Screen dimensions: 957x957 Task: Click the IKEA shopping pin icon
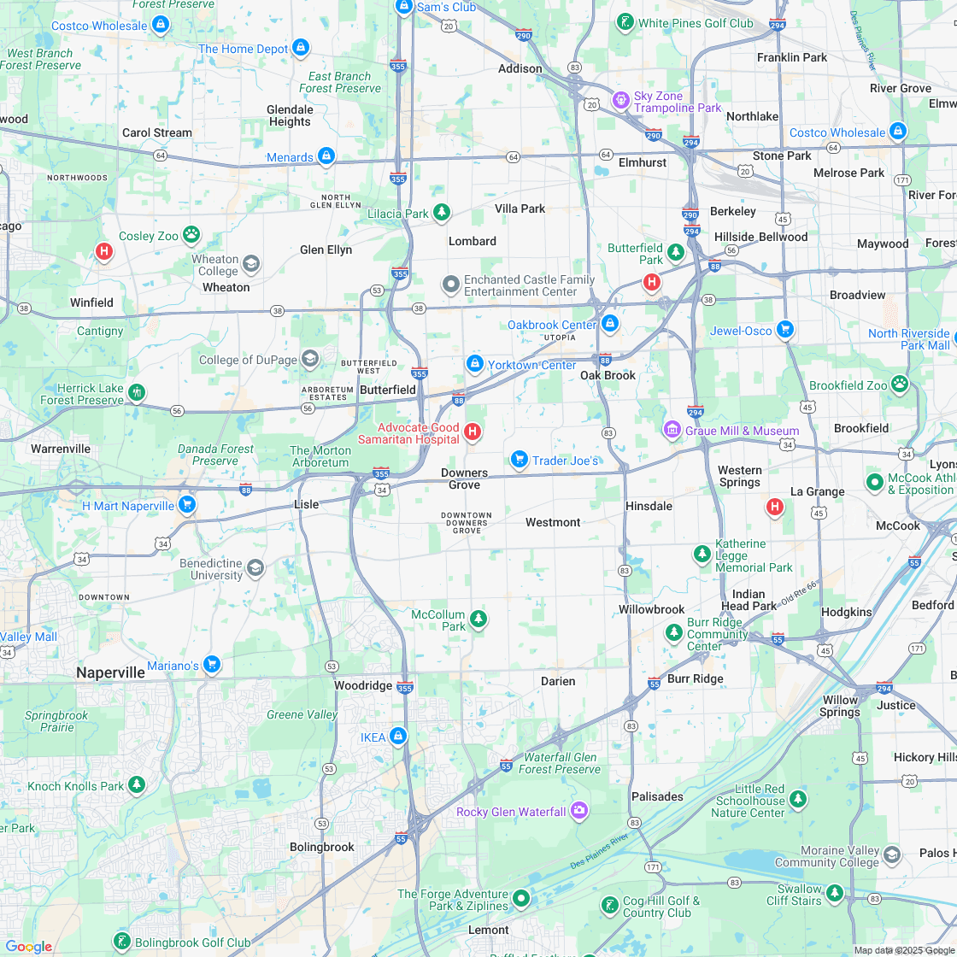pos(397,736)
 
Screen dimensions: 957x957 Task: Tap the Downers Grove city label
pos(465,479)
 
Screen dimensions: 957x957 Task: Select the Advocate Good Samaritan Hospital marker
pos(472,432)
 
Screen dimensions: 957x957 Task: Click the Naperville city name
pos(110,672)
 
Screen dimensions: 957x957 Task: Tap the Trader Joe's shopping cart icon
pos(519,460)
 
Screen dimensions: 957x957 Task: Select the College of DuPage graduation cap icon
pos(309,359)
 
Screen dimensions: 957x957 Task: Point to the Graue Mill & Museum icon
pos(672,429)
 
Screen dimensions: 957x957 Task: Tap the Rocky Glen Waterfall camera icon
pos(579,810)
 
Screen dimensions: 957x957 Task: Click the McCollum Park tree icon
pos(478,619)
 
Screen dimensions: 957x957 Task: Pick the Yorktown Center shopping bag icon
pos(474,364)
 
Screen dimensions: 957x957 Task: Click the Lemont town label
pos(489,930)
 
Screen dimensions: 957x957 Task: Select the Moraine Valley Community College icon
pos(891,855)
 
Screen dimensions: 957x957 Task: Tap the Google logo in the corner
pos(28,946)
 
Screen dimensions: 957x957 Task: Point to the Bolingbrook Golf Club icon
pos(122,942)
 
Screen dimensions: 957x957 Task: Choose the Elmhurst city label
pos(642,162)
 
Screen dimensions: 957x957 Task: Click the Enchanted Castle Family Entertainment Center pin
pos(450,285)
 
